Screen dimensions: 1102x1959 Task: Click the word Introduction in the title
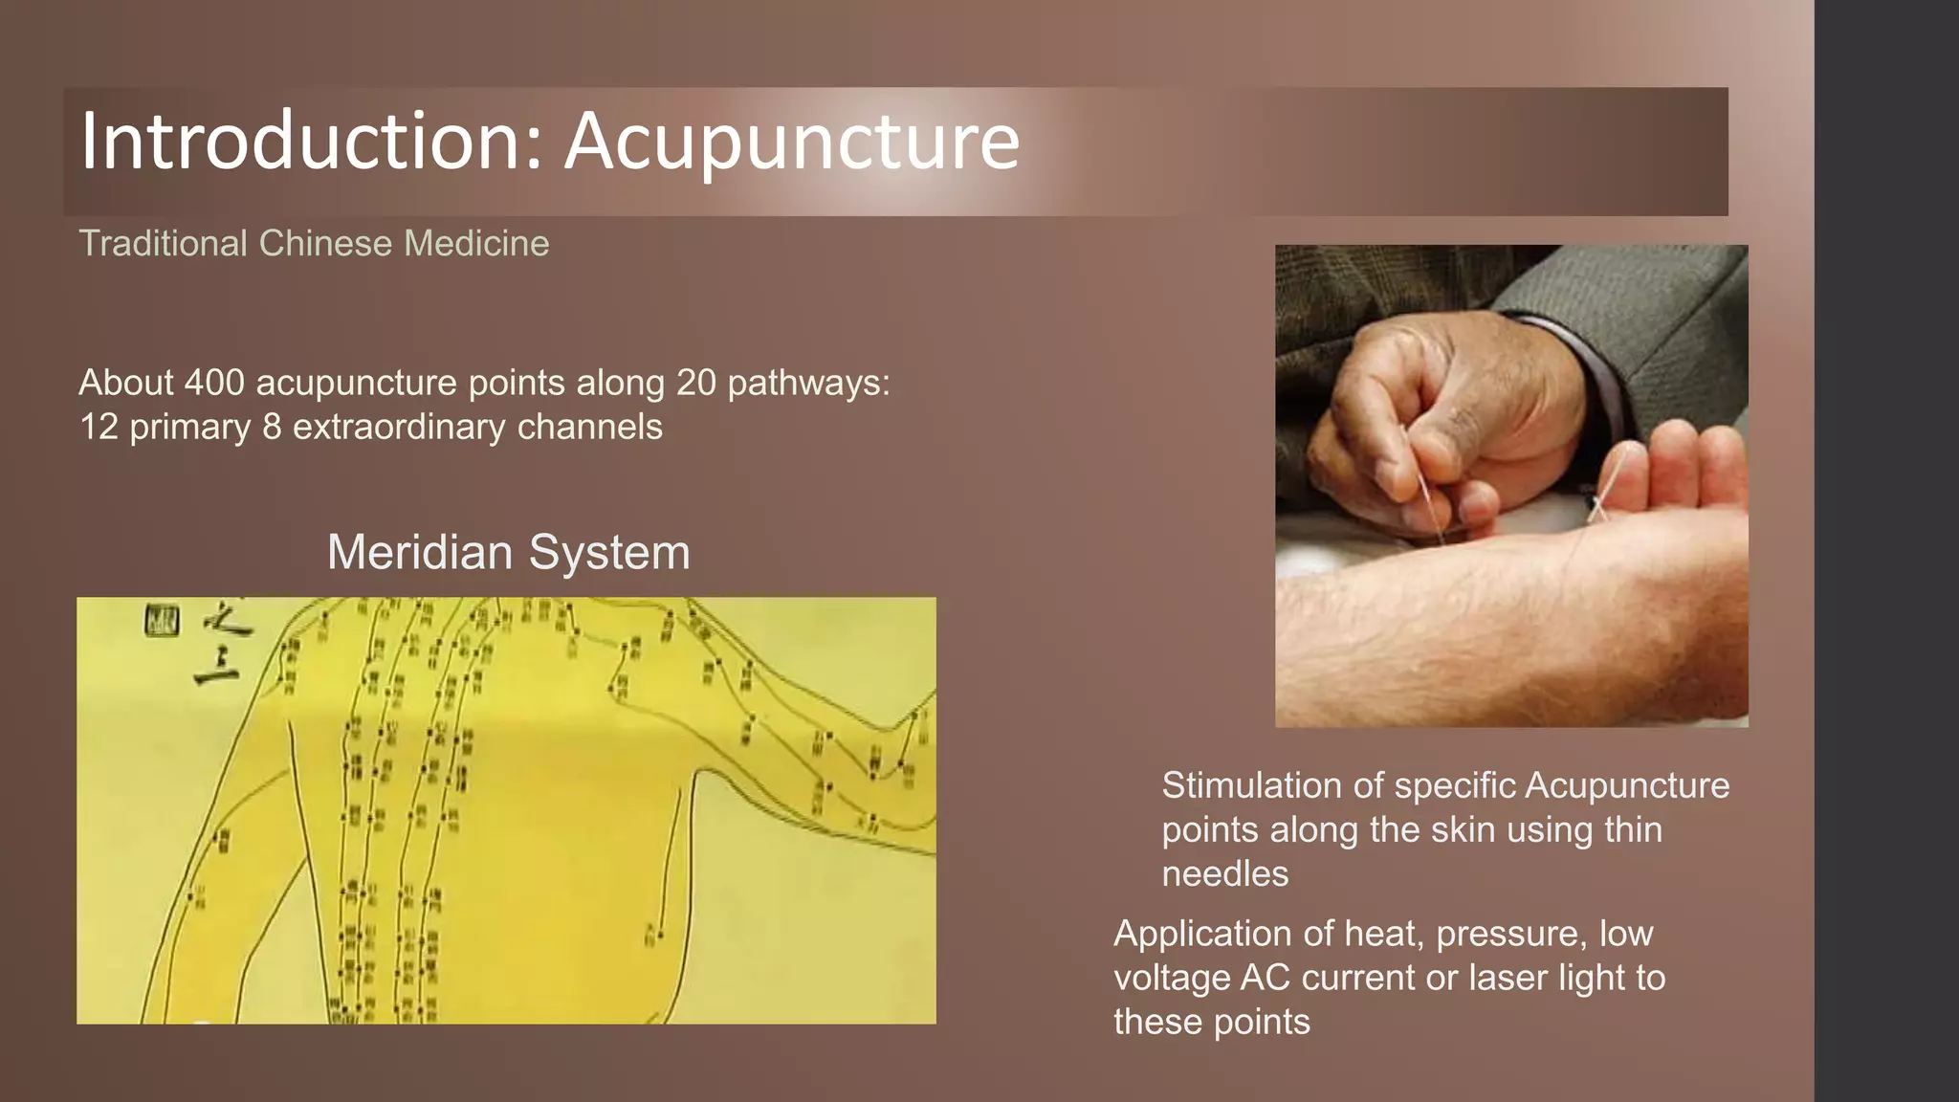(x=297, y=142)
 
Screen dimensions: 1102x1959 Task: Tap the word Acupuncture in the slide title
(x=792, y=142)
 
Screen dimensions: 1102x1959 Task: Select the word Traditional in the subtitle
(x=164, y=243)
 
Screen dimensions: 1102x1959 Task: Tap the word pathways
(x=808, y=383)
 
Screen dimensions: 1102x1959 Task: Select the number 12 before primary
(x=99, y=427)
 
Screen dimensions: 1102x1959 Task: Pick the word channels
(x=589, y=427)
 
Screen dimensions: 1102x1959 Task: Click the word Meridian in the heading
(x=420, y=552)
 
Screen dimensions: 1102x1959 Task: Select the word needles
(x=1224, y=873)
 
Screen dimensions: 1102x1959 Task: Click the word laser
(x=1508, y=978)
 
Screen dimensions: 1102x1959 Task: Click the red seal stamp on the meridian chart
(x=162, y=621)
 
